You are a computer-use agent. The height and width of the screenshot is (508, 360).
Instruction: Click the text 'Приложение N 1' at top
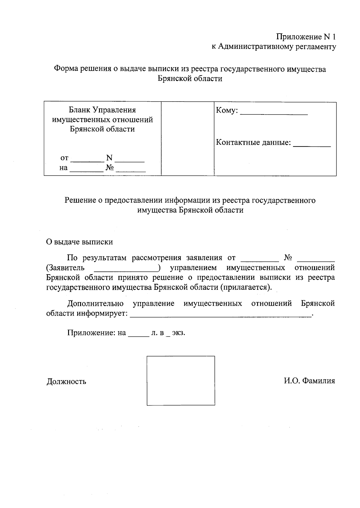click(x=306, y=37)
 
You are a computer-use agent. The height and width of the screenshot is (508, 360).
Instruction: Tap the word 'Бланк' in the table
click(x=79, y=110)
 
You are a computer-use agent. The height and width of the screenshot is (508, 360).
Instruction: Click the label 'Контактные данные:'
click(x=253, y=142)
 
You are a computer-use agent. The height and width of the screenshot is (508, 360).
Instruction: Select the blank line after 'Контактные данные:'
click(x=312, y=145)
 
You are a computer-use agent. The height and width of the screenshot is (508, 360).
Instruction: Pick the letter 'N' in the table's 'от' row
click(x=109, y=158)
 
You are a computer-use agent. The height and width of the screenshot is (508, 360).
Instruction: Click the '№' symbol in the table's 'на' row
click(x=110, y=168)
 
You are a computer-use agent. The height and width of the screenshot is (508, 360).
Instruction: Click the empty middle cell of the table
click(x=187, y=138)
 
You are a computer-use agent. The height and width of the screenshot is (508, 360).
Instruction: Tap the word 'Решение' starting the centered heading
click(x=80, y=200)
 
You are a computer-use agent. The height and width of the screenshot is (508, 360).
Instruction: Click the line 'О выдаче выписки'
click(x=79, y=242)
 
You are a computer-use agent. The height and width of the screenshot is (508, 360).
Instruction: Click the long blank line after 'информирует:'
click(x=221, y=316)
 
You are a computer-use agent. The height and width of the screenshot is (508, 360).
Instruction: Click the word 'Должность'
click(x=66, y=382)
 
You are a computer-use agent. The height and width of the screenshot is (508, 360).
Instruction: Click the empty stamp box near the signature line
click(x=181, y=381)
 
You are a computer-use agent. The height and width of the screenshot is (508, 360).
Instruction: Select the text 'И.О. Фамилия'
click(x=309, y=381)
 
